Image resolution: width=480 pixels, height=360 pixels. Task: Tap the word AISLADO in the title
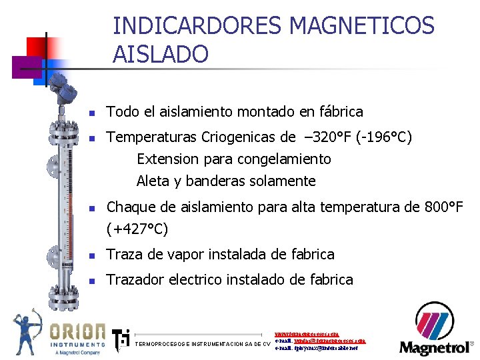(161, 53)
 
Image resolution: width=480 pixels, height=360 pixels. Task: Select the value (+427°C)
(137, 229)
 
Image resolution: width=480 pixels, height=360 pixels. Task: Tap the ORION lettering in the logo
(77, 331)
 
